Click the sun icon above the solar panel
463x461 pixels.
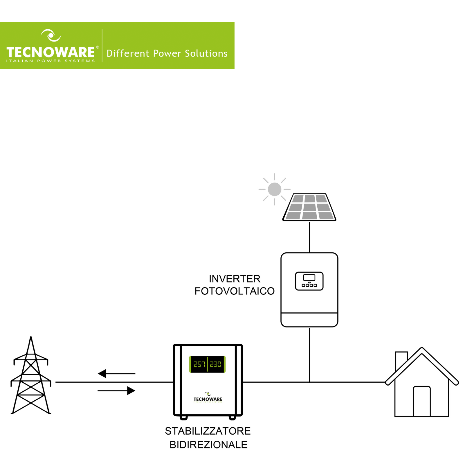tap(274, 189)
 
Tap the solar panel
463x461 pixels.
tap(309, 207)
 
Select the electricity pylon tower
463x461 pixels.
tap(31, 377)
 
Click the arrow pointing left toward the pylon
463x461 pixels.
tap(116, 373)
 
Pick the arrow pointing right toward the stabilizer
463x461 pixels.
tap(116, 391)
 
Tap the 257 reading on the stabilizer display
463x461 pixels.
tap(199, 364)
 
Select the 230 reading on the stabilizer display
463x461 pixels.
tap(216, 364)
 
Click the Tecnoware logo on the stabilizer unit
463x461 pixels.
tap(208, 398)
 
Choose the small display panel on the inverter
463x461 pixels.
tap(309, 281)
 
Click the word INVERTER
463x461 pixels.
tap(235, 279)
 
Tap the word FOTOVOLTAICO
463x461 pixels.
tap(235, 291)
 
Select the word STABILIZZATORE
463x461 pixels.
tap(208, 431)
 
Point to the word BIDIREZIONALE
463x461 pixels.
tap(208, 444)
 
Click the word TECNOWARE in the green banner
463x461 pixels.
tap(51, 52)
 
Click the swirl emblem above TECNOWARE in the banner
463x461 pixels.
tap(51, 35)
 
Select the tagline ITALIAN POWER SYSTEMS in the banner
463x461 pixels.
tap(51, 61)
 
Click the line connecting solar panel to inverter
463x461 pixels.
tap(309, 237)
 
